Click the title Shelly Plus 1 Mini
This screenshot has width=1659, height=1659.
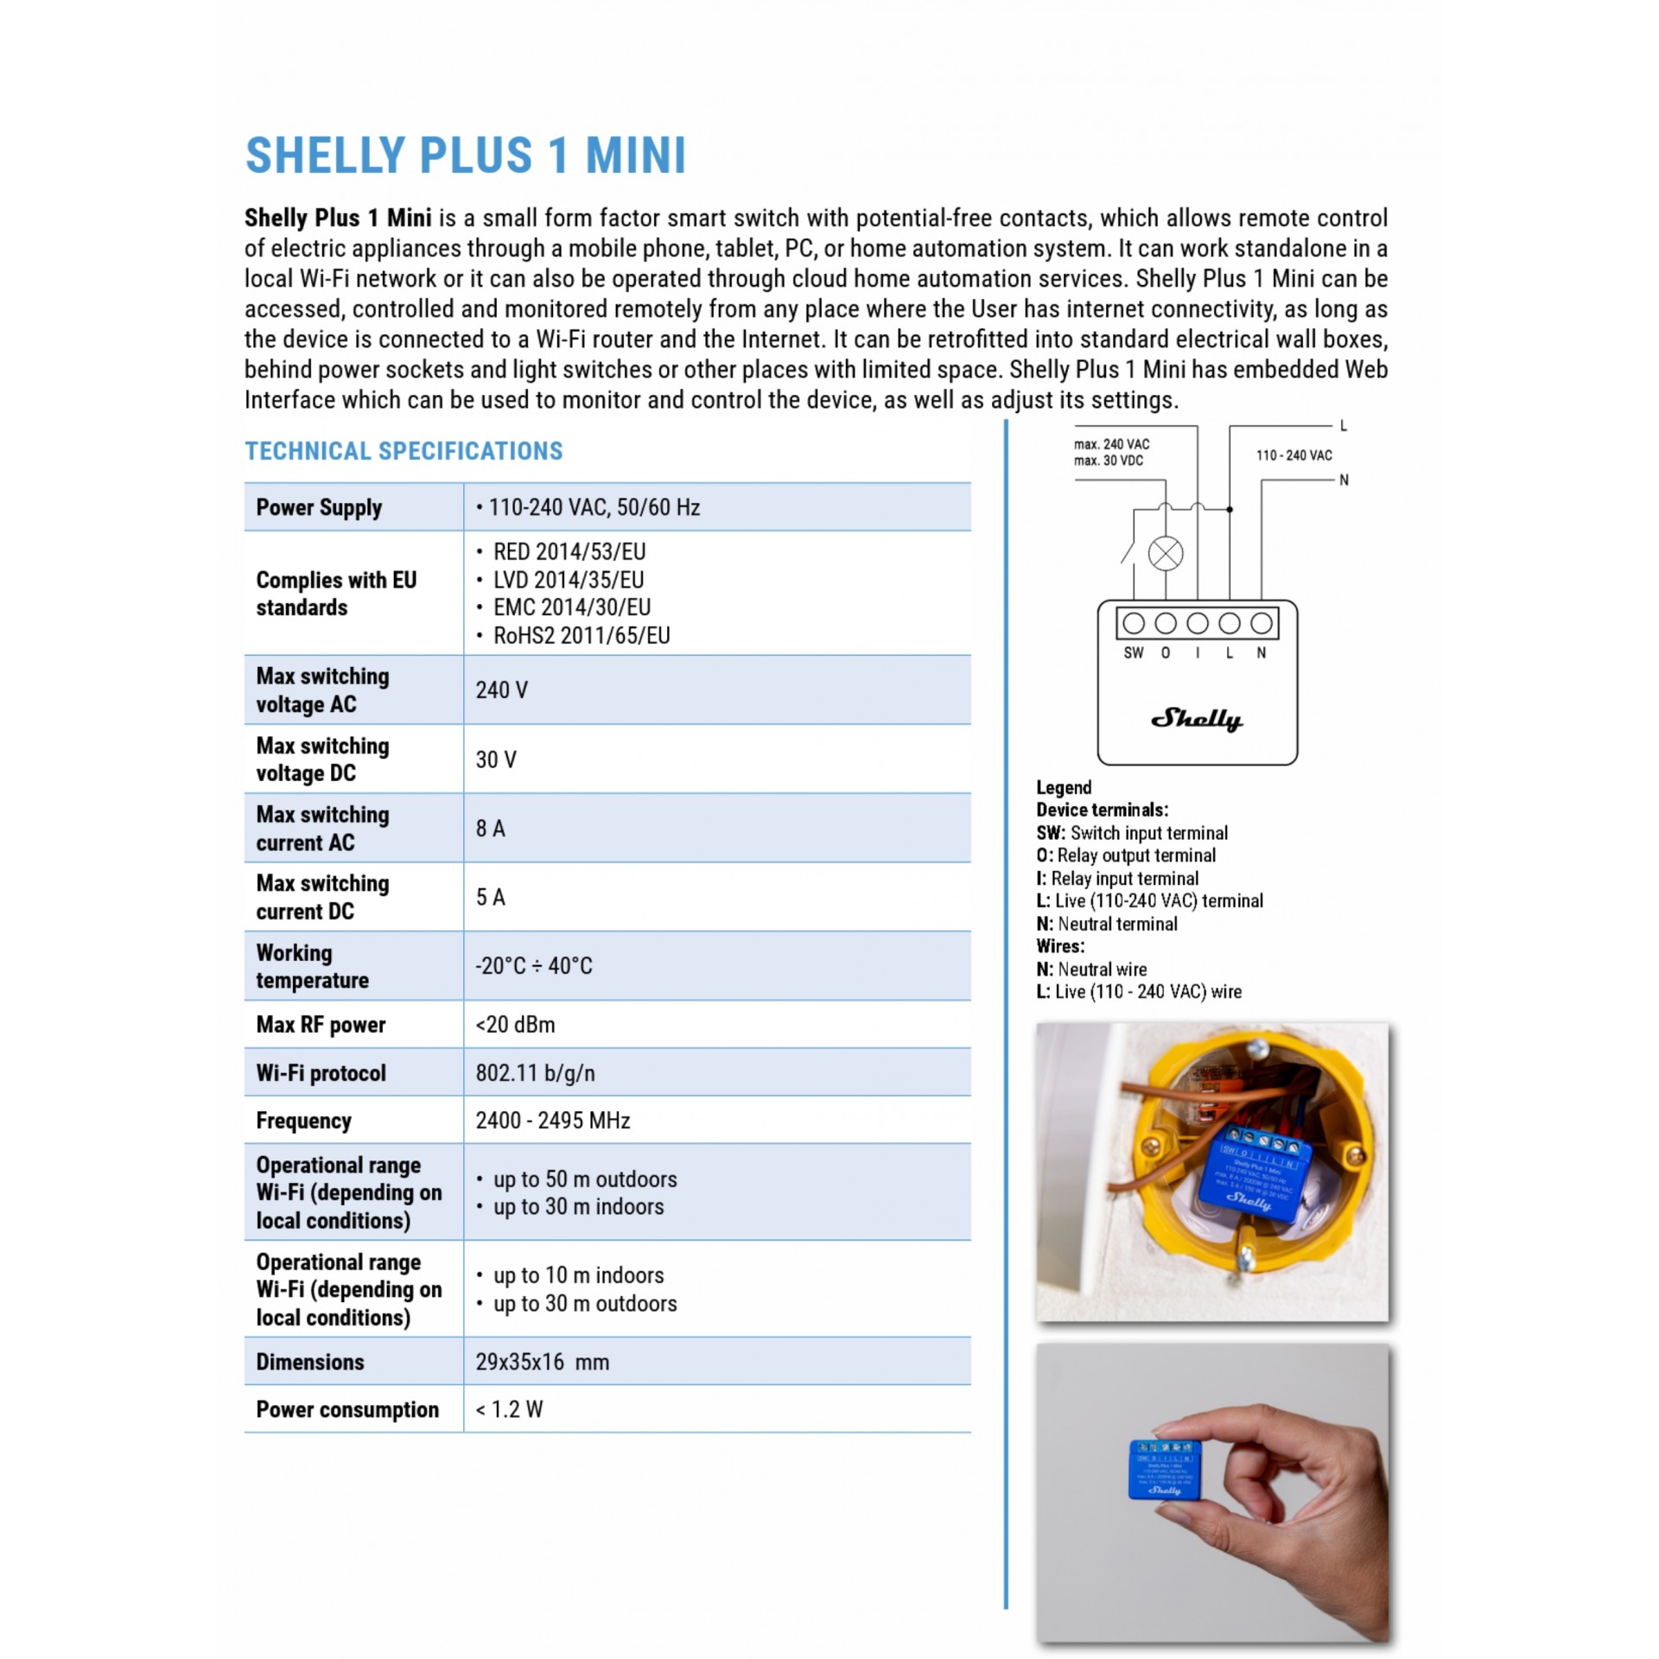click(466, 156)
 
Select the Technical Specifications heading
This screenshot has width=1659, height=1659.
click(404, 451)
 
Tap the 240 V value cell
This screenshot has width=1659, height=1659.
click(500, 690)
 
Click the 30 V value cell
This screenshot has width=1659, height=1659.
click(496, 760)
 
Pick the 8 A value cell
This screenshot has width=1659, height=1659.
click(490, 829)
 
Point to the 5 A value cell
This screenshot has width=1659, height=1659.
click(490, 897)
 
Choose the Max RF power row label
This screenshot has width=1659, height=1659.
click(321, 1025)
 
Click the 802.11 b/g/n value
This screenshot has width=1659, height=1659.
click(535, 1073)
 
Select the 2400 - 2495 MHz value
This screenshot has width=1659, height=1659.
click(552, 1121)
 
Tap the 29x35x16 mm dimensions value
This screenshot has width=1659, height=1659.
click(542, 1363)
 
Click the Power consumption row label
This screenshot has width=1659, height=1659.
click(347, 1410)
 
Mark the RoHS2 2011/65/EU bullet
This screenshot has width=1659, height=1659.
click(581, 636)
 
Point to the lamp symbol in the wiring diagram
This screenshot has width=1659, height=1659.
click(1166, 554)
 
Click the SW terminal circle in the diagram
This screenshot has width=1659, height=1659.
click(1134, 623)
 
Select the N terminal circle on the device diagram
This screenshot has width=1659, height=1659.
click(1262, 623)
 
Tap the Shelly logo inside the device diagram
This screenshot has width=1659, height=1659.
click(1197, 719)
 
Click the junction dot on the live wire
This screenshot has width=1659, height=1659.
click(1230, 510)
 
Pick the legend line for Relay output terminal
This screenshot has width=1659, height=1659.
click(1126, 855)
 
